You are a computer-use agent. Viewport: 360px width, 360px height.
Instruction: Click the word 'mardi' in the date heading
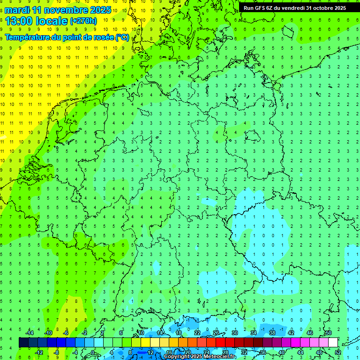click(x=17, y=10)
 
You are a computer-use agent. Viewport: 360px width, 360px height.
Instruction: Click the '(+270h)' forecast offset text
click(x=83, y=21)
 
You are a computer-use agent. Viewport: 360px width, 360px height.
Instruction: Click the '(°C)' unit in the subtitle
click(x=122, y=37)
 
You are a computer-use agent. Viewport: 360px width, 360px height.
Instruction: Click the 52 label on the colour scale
click(x=338, y=352)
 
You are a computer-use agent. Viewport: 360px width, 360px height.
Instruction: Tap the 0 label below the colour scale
click(x=93, y=352)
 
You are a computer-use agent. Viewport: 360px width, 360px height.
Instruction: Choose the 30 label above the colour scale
click(x=234, y=333)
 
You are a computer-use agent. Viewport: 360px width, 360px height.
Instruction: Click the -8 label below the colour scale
click(x=56, y=352)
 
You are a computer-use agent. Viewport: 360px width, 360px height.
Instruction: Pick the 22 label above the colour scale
click(x=197, y=333)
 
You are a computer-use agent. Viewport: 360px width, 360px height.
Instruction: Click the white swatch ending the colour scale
click(x=333, y=342)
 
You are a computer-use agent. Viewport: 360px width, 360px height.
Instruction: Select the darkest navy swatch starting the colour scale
click(x=23, y=342)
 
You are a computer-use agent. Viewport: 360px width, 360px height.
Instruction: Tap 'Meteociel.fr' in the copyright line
click(x=220, y=357)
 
